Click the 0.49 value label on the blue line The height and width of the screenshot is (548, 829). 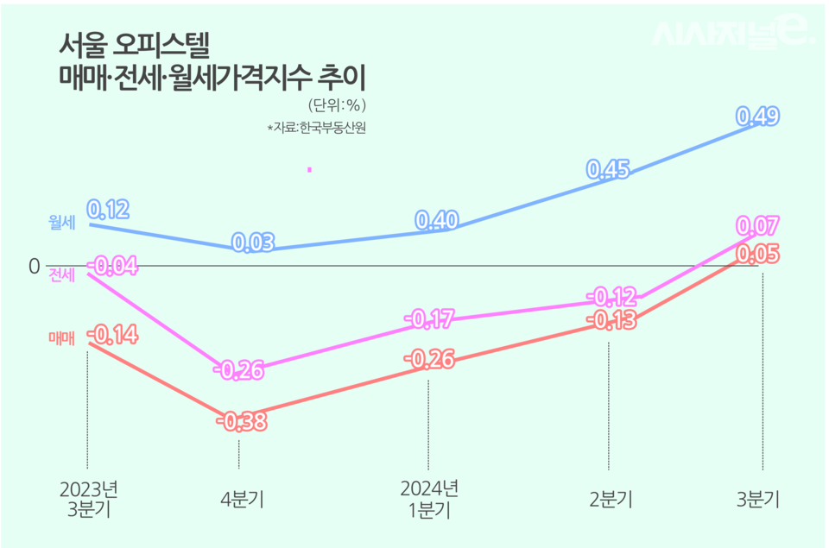(757, 116)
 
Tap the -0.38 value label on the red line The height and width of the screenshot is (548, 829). (241, 422)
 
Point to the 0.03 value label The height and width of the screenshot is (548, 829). (253, 243)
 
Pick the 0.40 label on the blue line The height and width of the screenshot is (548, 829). (437, 221)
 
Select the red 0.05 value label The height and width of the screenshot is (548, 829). (758, 254)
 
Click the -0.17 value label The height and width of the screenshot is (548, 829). (429, 321)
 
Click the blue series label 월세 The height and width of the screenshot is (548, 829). (62, 223)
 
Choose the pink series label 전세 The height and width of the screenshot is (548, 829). (62, 275)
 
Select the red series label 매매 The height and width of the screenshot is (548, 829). (62, 339)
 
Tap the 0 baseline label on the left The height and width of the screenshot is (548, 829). (35, 266)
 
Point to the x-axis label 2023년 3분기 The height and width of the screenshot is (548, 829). (88, 499)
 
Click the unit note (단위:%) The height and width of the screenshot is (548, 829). (339, 105)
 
